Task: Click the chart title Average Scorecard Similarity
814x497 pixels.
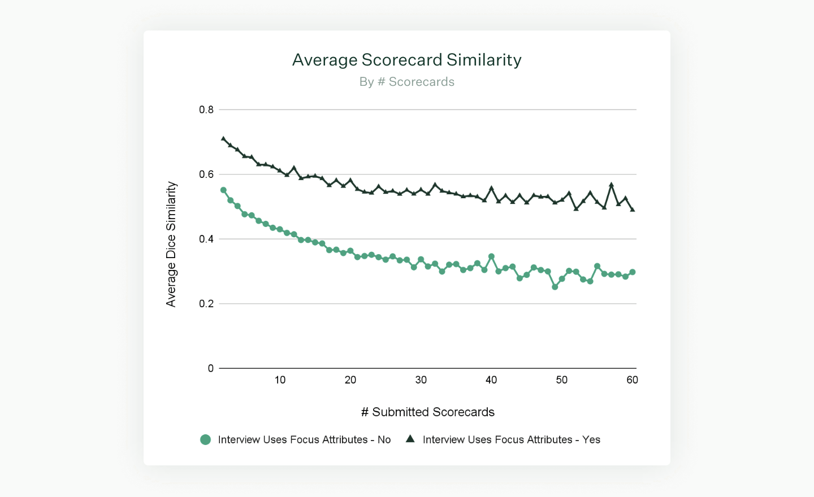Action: pyautogui.click(x=406, y=60)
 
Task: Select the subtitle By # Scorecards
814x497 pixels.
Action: pyautogui.click(x=406, y=82)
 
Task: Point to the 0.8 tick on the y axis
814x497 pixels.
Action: pyautogui.click(x=206, y=110)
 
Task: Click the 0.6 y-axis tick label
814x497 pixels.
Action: pyautogui.click(x=206, y=175)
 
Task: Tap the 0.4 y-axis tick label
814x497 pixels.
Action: pyautogui.click(x=206, y=239)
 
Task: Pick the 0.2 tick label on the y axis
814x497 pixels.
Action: pyautogui.click(x=206, y=304)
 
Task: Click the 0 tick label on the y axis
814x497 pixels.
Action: pyautogui.click(x=211, y=368)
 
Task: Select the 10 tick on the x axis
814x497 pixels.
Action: pyautogui.click(x=280, y=380)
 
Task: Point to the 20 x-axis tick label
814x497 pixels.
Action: pyautogui.click(x=350, y=380)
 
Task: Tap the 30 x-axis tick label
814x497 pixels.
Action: pyautogui.click(x=421, y=380)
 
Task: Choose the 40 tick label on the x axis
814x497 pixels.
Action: pyautogui.click(x=491, y=380)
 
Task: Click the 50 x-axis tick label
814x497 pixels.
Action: pyautogui.click(x=561, y=380)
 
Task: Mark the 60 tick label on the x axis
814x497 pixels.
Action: pyautogui.click(x=632, y=380)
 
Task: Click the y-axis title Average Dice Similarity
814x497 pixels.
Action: pyautogui.click(x=171, y=244)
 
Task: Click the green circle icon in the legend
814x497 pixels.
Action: pyautogui.click(x=206, y=439)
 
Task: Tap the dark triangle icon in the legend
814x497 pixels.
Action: pyautogui.click(x=410, y=439)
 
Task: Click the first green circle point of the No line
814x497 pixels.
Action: pyautogui.click(x=223, y=190)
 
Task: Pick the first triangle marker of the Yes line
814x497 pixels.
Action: pyautogui.click(x=223, y=139)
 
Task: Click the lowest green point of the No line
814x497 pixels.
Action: pyautogui.click(x=555, y=287)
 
